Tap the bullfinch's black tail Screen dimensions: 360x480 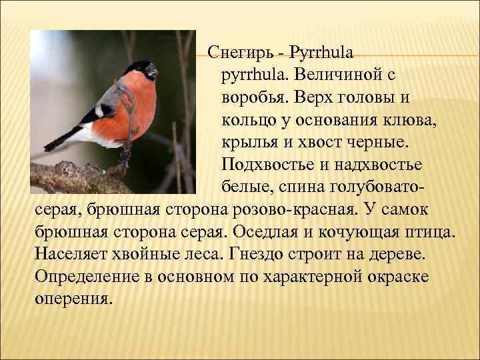[60, 140]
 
